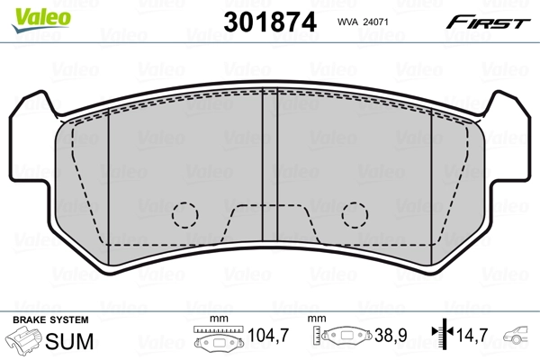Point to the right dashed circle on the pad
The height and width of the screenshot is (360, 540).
point(354,214)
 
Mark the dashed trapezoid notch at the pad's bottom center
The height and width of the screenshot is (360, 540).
point(270,225)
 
